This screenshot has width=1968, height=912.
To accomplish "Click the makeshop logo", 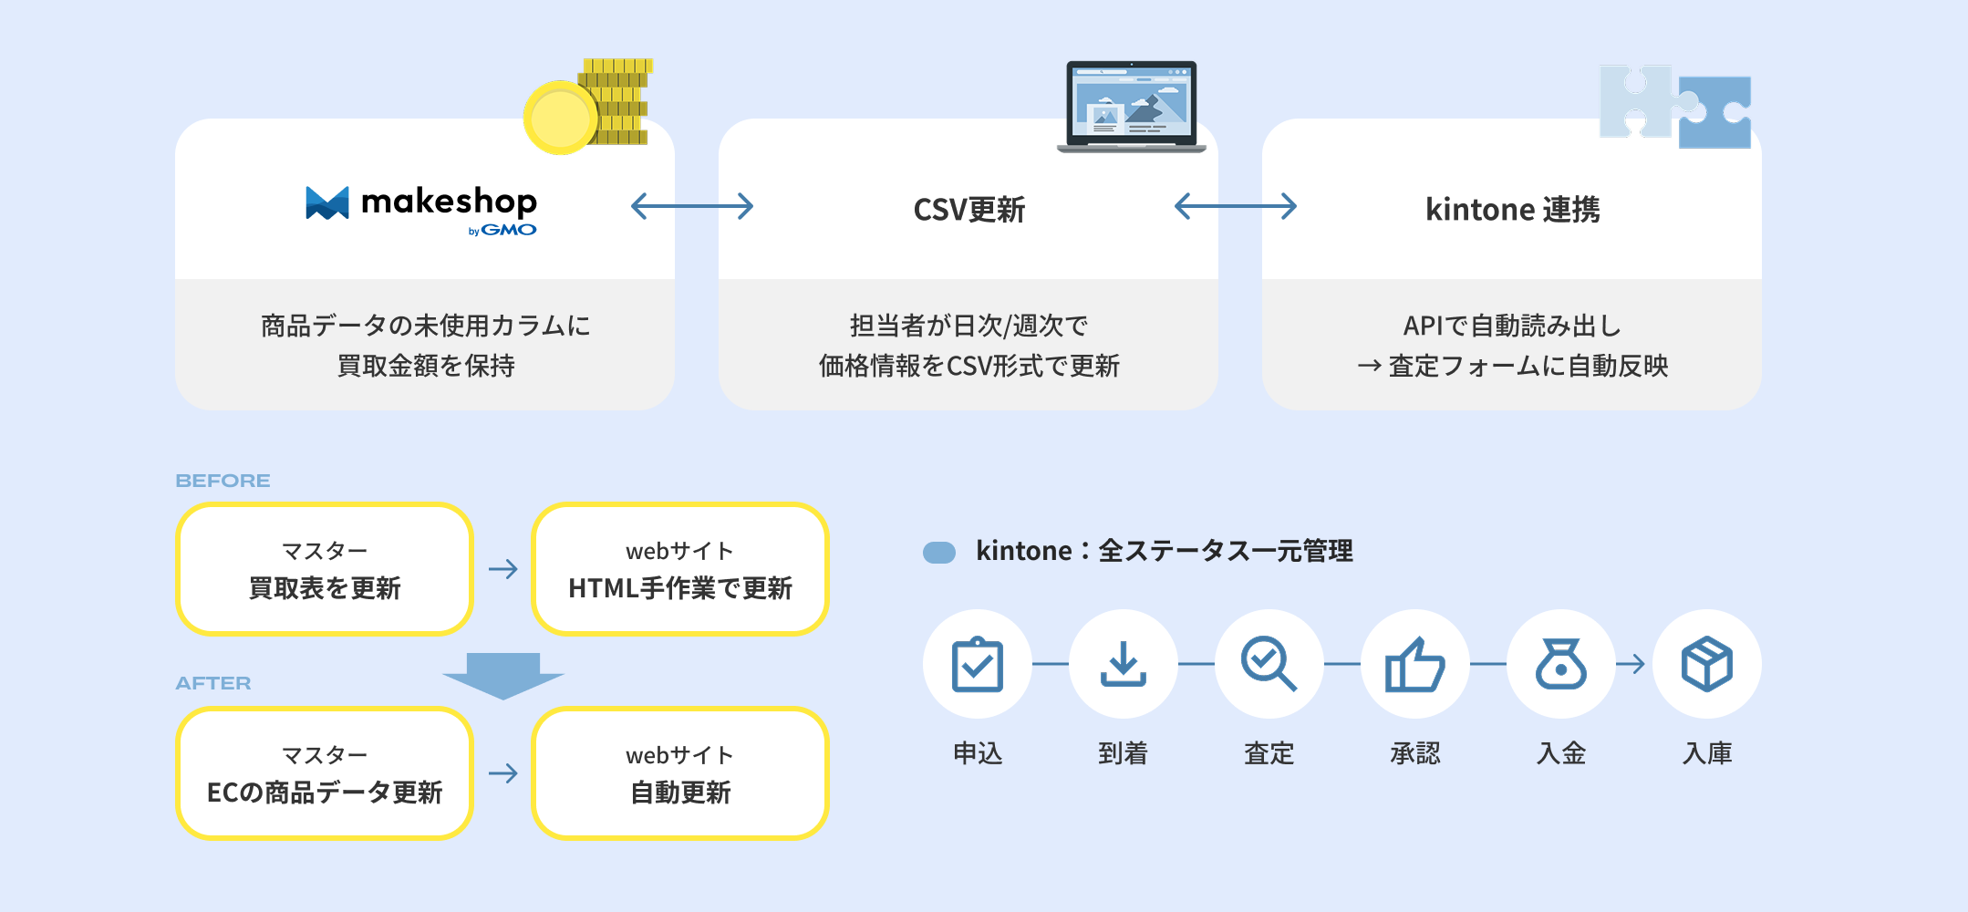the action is tap(421, 210).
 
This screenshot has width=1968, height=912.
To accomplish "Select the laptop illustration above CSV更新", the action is tap(1131, 106).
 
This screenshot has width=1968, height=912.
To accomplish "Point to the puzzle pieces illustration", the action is tap(1675, 106).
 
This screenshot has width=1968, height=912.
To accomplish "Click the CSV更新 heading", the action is tap(969, 210).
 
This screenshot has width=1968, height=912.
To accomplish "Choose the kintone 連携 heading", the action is tap(1513, 210).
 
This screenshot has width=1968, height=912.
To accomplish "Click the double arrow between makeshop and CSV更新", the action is tap(692, 206).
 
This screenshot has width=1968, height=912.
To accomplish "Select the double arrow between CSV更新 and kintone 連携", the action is tap(1236, 206).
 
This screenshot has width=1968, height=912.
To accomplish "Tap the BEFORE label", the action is tap(223, 481).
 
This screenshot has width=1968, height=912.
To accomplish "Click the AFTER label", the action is tap(213, 683).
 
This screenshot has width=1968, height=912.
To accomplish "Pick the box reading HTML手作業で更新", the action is tap(680, 569).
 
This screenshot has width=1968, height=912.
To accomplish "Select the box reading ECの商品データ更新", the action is tap(325, 773).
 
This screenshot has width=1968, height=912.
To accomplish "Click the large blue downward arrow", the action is tap(503, 676).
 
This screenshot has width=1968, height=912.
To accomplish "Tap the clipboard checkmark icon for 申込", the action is tap(978, 664).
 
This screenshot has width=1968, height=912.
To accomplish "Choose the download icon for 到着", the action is tap(1124, 664).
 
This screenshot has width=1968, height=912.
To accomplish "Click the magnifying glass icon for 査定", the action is tap(1269, 664).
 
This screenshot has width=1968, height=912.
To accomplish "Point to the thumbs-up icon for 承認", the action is tap(1415, 664).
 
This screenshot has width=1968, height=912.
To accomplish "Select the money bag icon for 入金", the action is tap(1561, 664).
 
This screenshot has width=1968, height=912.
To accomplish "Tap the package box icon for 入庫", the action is tap(1707, 664).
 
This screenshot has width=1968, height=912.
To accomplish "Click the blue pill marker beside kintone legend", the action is tap(939, 553).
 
